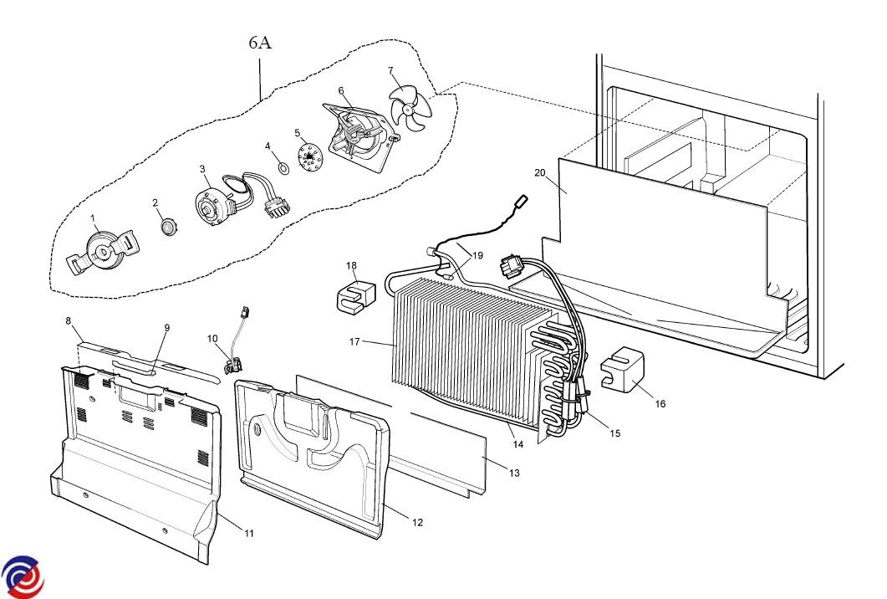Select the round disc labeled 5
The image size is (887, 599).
(310, 156)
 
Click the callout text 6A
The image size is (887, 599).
(260, 44)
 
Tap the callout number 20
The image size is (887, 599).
(540, 172)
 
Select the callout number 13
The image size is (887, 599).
(514, 474)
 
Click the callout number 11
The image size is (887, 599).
(248, 533)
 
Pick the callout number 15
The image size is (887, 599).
(615, 433)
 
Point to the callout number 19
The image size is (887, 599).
(477, 256)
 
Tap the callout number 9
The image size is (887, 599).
(166, 327)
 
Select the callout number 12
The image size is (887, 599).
(417, 523)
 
